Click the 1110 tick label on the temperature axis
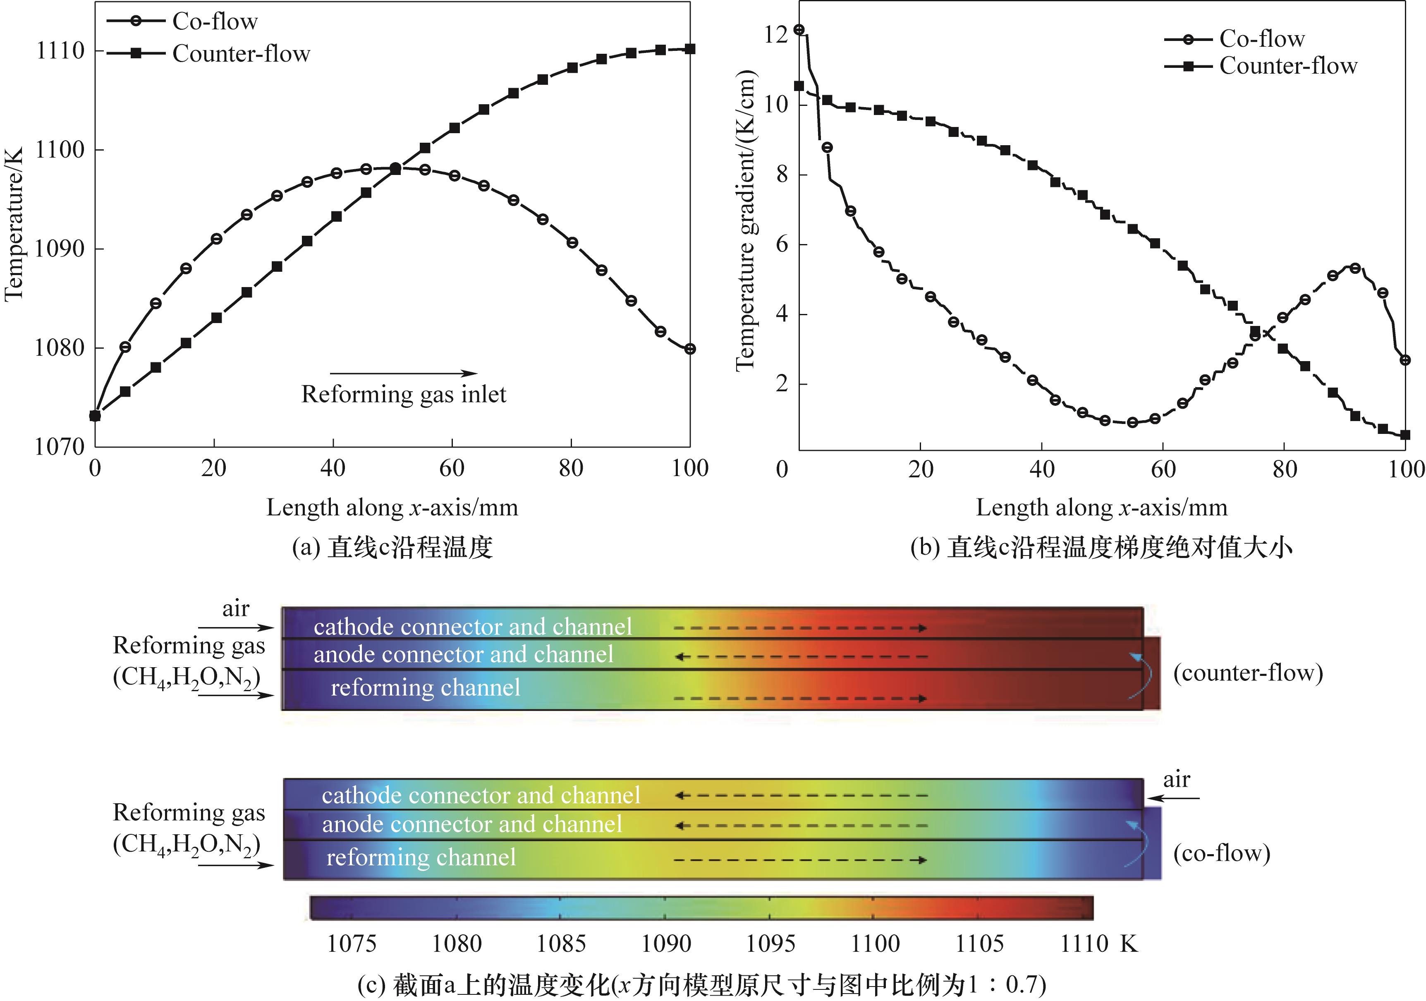tap(60, 50)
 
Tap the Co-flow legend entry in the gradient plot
tap(1261, 38)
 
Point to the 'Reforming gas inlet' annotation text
tap(404, 394)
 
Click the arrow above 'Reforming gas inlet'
tap(403, 374)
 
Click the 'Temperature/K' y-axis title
tap(13, 224)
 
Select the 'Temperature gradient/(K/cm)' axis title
tap(745, 220)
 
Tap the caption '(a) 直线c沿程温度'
tap(392, 547)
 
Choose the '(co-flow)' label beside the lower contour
tap(1221, 853)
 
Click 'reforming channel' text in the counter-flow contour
tap(426, 687)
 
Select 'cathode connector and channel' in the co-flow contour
tap(481, 795)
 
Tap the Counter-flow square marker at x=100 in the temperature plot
tap(690, 49)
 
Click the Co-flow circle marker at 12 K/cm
tap(799, 30)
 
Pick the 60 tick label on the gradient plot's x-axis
tap(1163, 469)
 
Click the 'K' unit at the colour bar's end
tap(1129, 943)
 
